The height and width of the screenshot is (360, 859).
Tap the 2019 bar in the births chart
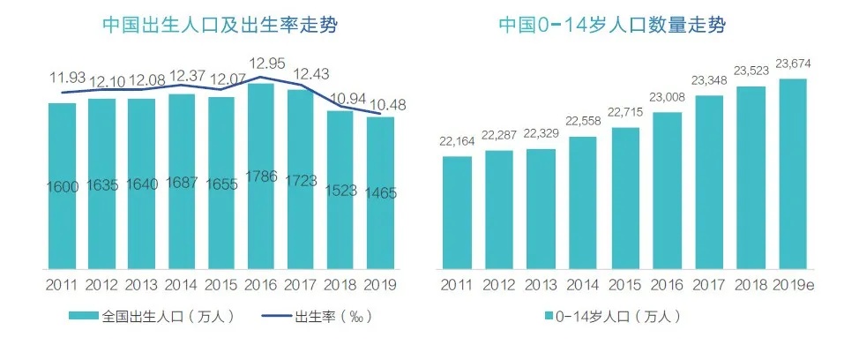click(381, 194)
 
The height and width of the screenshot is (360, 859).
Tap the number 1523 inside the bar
click(341, 187)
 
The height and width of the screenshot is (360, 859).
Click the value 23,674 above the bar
click(792, 63)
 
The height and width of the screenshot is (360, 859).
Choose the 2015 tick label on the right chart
click(625, 285)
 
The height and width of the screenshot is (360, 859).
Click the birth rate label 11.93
click(67, 79)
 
